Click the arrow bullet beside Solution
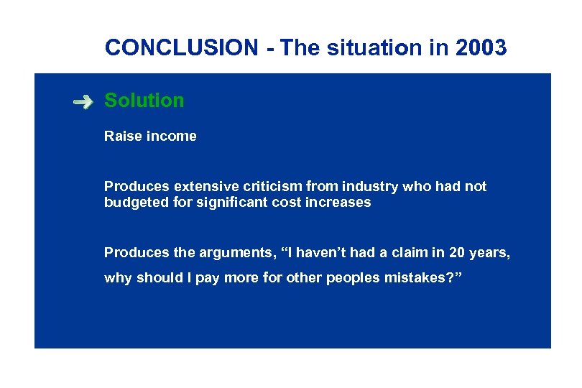pyautogui.click(x=83, y=102)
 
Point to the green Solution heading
pyautogui.click(x=144, y=101)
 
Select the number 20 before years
pyautogui.click(x=456, y=252)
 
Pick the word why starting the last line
pyautogui.click(x=118, y=279)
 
